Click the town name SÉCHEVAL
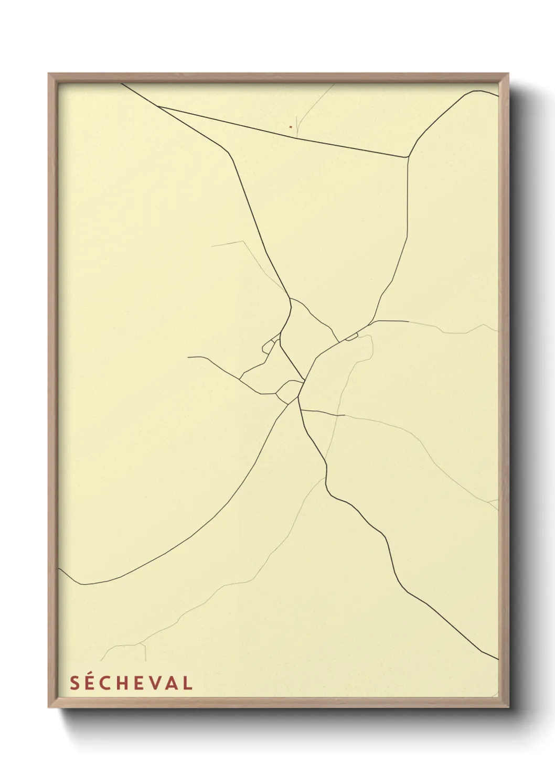(x=131, y=683)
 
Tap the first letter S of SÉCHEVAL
(x=74, y=683)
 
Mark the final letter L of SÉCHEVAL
(x=187, y=683)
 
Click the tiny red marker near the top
(x=290, y=126)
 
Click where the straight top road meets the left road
(x=158, y=106)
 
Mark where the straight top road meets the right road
(x=408, y=157)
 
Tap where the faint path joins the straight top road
(x=297, y=137)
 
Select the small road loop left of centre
(x=269, y=346)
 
